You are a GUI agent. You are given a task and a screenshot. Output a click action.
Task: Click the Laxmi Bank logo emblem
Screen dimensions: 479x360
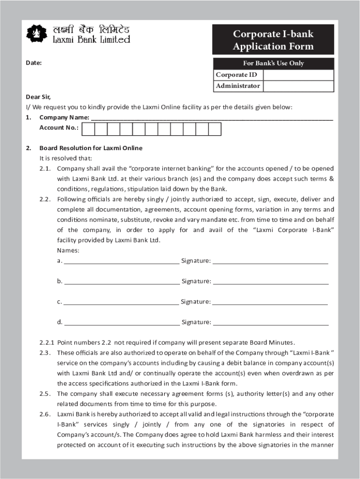coord(36,33)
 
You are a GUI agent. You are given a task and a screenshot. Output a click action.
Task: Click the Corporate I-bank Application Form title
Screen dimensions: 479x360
coord(273,40)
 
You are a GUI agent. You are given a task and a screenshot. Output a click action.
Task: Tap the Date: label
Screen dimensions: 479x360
coord(34,63)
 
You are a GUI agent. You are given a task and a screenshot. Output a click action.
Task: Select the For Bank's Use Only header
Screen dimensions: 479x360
coord(273,63)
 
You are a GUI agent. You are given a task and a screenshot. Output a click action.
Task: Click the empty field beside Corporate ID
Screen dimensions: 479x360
coord(298,75)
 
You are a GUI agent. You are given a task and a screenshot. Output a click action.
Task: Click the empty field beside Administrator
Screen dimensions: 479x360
coord(298,86)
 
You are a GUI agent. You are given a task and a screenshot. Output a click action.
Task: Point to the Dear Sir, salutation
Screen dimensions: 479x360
coord(38,97)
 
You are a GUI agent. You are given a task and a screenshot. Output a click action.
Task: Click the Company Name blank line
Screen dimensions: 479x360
coord(211,117)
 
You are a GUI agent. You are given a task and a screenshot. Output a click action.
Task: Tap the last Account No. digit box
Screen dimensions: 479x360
coord(215,129)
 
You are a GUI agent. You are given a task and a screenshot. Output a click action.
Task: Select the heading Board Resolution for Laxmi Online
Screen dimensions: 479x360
coord(91,148)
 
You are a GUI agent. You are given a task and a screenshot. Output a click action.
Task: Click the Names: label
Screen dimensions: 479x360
coord(68,250)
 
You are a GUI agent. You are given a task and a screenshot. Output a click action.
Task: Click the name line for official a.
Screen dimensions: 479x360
coord(121,261)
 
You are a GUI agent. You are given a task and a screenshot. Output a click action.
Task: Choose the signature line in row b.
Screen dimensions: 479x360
coord(271,282)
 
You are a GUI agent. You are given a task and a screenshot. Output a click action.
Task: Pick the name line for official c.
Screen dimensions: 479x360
coord(121,303)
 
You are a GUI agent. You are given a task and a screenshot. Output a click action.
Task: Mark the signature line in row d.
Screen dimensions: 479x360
coord(271,323)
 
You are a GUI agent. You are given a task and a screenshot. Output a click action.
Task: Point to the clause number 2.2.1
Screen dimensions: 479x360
coord(47,342)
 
